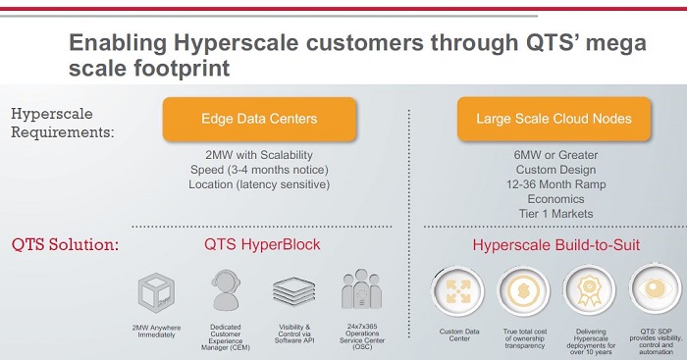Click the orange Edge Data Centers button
click(x=259, y=119)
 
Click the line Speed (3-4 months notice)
click(x=259, y=169)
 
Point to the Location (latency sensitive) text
click(x=259, y=182)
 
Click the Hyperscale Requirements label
click(x=61, y=123)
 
